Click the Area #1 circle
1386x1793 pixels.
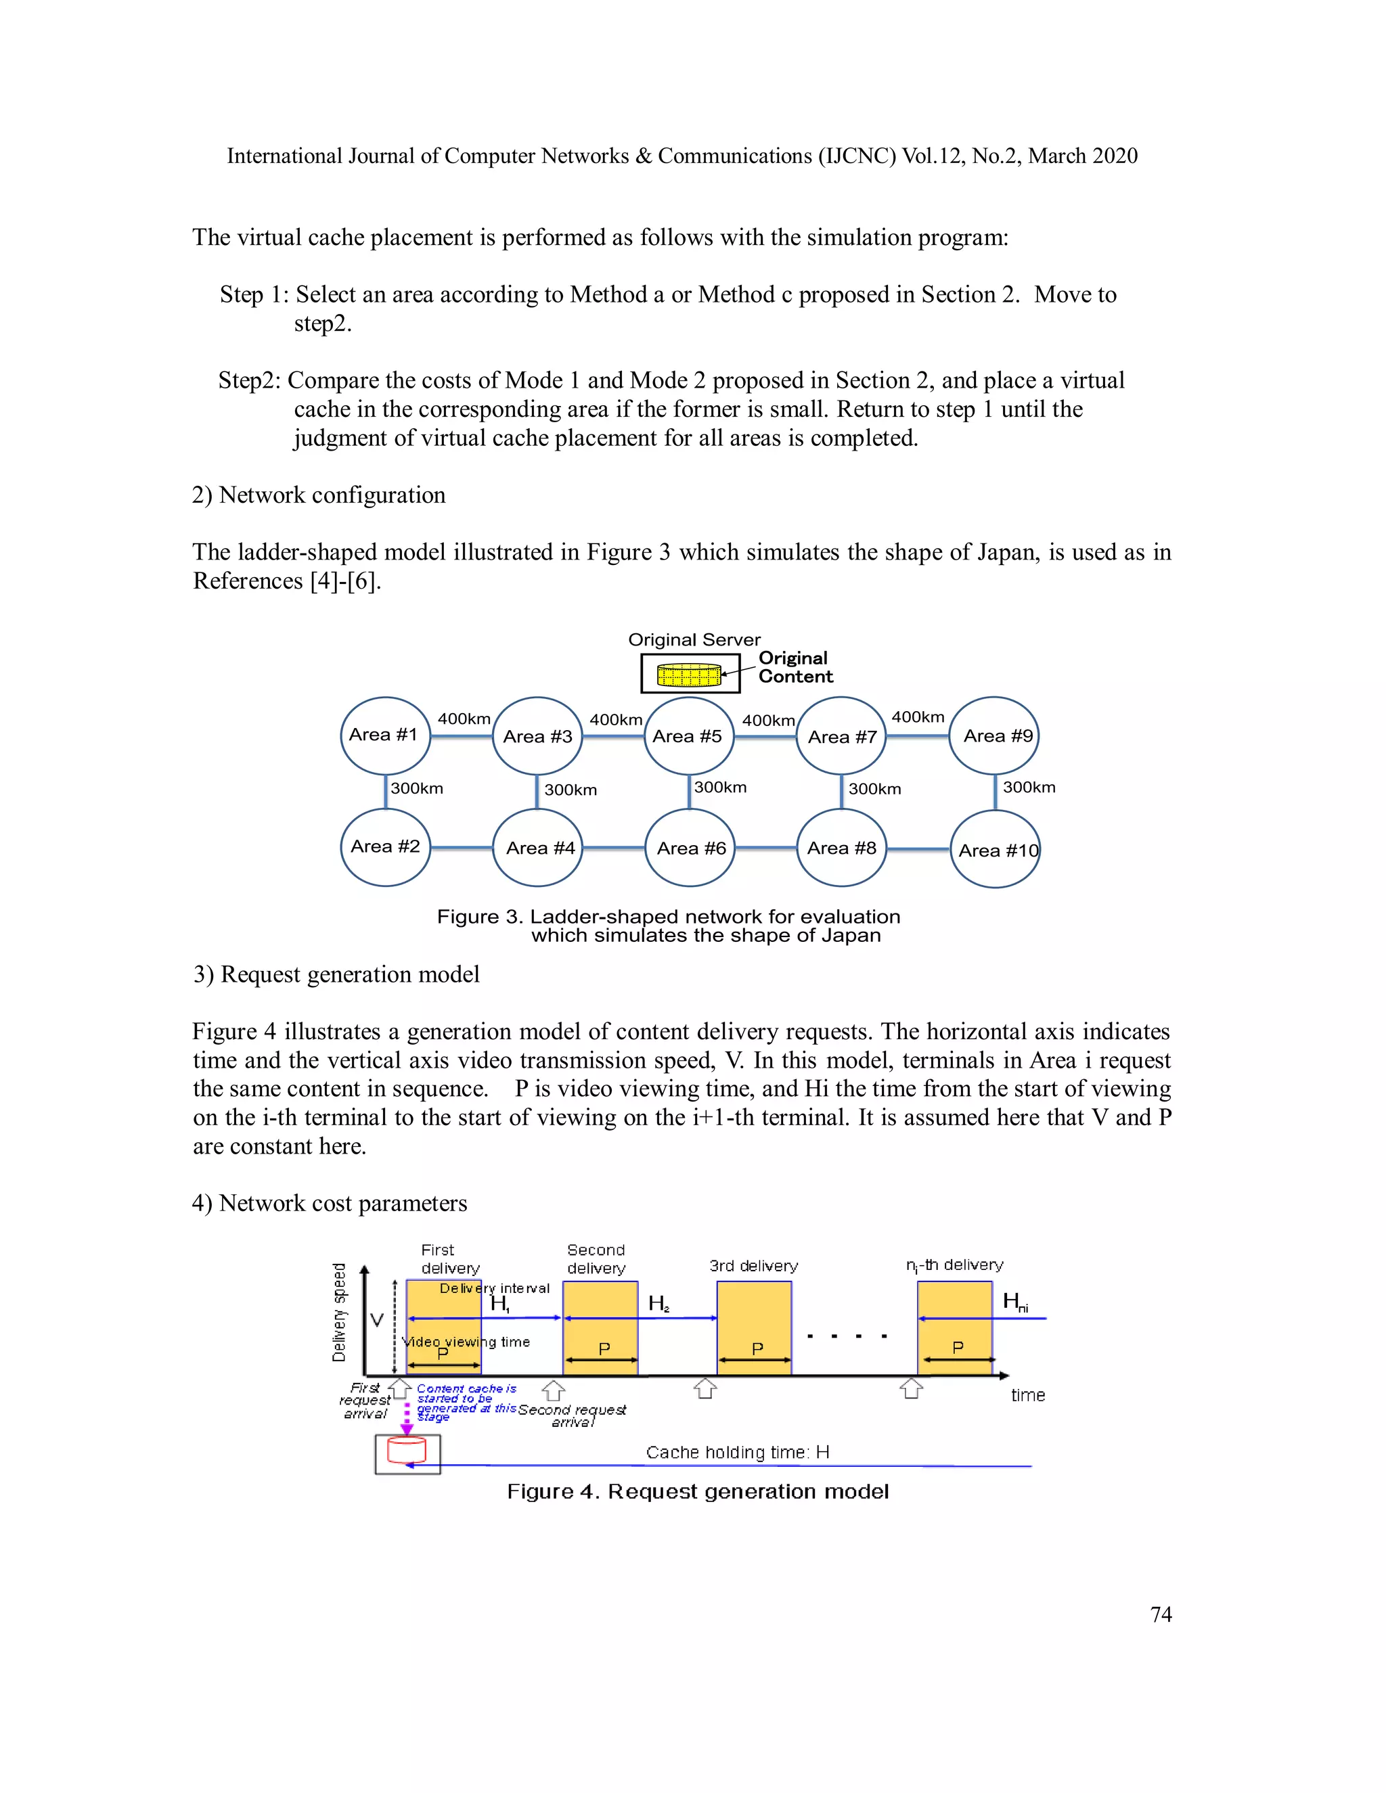tap(385, 735)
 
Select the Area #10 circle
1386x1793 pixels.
tap(995, 850)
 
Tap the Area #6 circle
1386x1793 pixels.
tap(690, 848)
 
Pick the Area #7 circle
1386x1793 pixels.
tap(842, 736)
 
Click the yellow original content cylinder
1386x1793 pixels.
tap(689, 675)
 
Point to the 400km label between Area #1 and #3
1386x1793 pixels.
tap(463, 719)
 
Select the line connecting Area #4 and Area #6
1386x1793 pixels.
tap(613, 848)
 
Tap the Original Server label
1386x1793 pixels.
tap(694, 639)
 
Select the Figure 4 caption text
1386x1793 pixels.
tap(697, 1491)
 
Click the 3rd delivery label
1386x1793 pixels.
tap(753, 1266)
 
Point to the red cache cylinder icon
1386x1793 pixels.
tap(407, 1450)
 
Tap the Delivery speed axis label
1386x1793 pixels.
tap(338, 1312)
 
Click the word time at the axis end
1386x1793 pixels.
tap(1027, 1395)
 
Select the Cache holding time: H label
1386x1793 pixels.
tap(736, 1451)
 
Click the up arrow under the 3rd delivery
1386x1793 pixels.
tap(705, 1389)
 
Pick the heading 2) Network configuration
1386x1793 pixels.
tap(319, 495)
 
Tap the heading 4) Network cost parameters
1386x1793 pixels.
tap(330, 1203)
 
